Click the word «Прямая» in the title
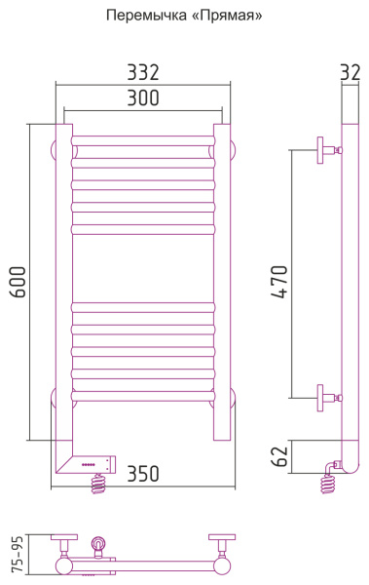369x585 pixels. coord(228,16)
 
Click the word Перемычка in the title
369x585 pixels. coord(148,16)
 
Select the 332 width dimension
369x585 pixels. coord(143,72)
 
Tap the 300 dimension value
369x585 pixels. coord(143,97)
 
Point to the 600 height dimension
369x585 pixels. coord(18,282)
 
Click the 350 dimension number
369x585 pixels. coord(143,474)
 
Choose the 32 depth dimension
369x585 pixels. coord(351,72)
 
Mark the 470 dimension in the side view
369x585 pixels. coord(279,282)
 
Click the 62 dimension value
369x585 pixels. coord(279,456)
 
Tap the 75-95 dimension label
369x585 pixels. coord(18,553)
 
